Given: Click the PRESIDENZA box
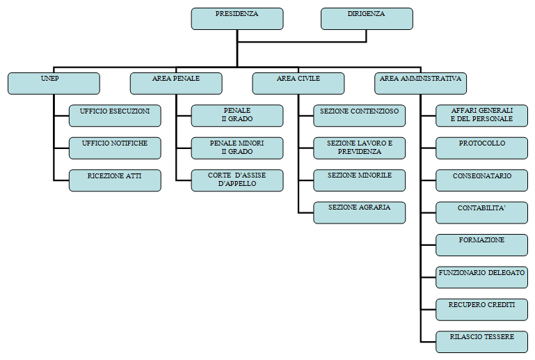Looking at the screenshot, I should [x=237, y=19].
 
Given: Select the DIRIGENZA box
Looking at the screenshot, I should [x=367, y=19].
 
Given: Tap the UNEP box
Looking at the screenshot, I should [x=54, y=84].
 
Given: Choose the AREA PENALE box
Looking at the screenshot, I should [x=176, y=84].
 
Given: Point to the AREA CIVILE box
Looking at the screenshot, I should [x=298, y=84].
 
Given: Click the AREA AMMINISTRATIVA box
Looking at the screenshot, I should [x=421, y=84].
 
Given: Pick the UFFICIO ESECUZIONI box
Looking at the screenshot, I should [x=115, y=116].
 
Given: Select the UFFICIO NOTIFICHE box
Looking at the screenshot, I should [x=115, y=148].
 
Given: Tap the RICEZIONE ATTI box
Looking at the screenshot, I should [x=115, y=180].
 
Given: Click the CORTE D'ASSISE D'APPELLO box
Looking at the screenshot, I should [x=237, y=180].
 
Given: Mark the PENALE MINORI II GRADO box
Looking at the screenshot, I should [x=237, y=148].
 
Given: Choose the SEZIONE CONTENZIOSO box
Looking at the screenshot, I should [x=360, y=116].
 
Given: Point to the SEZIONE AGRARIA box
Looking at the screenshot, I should [x=360, y=212].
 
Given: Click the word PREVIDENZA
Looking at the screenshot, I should [x=360, y=152].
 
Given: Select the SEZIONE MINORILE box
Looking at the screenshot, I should [x=360, y=180].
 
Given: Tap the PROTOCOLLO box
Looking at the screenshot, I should [x=482, y=148].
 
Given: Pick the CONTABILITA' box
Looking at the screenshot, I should [x=482, y=212].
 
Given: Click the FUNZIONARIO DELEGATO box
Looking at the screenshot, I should [x=482, y=277].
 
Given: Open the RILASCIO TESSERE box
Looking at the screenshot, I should [x=482, y=341].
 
